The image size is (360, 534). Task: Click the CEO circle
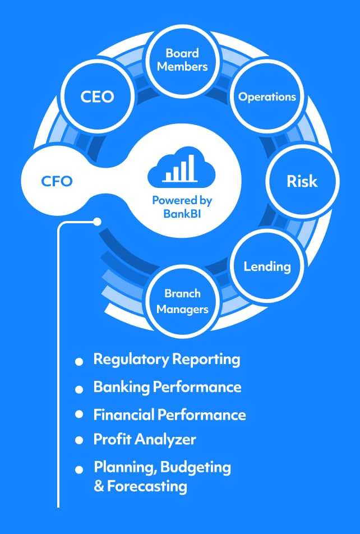pos(97,96)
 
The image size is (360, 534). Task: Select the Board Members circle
pos(182,60)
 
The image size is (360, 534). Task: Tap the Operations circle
pos(267,96)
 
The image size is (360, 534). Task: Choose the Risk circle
pos(302,181)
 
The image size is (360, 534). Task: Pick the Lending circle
pos(267,266)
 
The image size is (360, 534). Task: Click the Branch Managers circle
pos(182,301)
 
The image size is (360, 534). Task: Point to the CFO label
pos(57,181)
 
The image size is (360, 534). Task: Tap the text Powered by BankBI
pos(182,206)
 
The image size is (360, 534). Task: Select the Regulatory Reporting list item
pos(167,359)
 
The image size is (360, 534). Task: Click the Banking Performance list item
pos(167,387)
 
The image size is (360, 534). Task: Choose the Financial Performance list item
pos(169,415)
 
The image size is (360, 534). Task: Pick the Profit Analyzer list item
pos(145,439)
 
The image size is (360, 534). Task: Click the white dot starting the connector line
pos(98,222)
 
